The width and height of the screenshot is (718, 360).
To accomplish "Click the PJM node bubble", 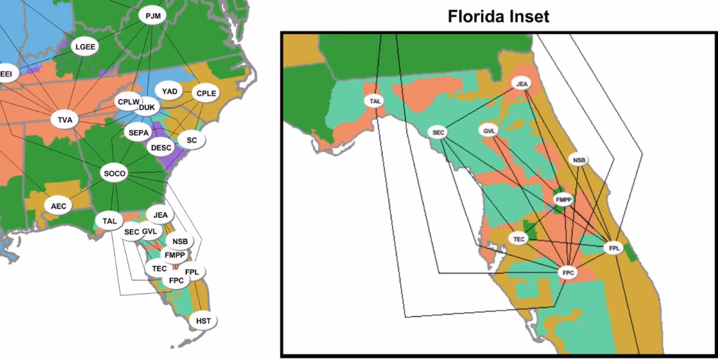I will (x=153, y=16).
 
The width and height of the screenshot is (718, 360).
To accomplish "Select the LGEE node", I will (x=85, y=47).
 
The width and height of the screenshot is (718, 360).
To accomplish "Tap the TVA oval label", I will (x=65, y=120).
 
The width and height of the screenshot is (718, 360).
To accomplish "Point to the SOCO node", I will (x=114, y=173).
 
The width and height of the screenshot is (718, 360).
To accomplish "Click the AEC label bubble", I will (x=58, y=206).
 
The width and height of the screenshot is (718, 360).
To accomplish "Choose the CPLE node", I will (x=206, y=93).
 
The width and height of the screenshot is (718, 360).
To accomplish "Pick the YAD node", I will (x=170, y=91).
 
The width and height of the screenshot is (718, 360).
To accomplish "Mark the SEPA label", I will (x=138, y=133).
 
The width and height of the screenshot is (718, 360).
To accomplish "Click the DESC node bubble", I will (x=161, y=148).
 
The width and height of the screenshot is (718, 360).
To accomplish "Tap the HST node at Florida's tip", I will (x=203, y=321).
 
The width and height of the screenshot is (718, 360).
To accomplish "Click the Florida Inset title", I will (x=498, y=17).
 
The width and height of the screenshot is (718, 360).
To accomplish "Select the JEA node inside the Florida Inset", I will (x=522, y=84).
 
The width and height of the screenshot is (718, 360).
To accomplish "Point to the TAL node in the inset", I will (x=375, y=101).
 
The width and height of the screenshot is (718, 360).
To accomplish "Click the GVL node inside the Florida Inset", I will (x=489, y=131).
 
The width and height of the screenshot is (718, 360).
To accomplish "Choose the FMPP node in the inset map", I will (x=564, y=200).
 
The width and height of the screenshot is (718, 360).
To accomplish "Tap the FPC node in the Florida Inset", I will (x=568, y=272).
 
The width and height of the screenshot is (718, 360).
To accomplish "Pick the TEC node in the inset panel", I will (x=519, y=239).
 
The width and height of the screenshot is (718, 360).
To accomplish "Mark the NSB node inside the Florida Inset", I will (x=579, y=160).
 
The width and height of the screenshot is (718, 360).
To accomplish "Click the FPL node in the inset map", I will (x=614, y=248).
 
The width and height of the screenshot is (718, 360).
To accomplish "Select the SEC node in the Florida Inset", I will (x=438, y=132).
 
